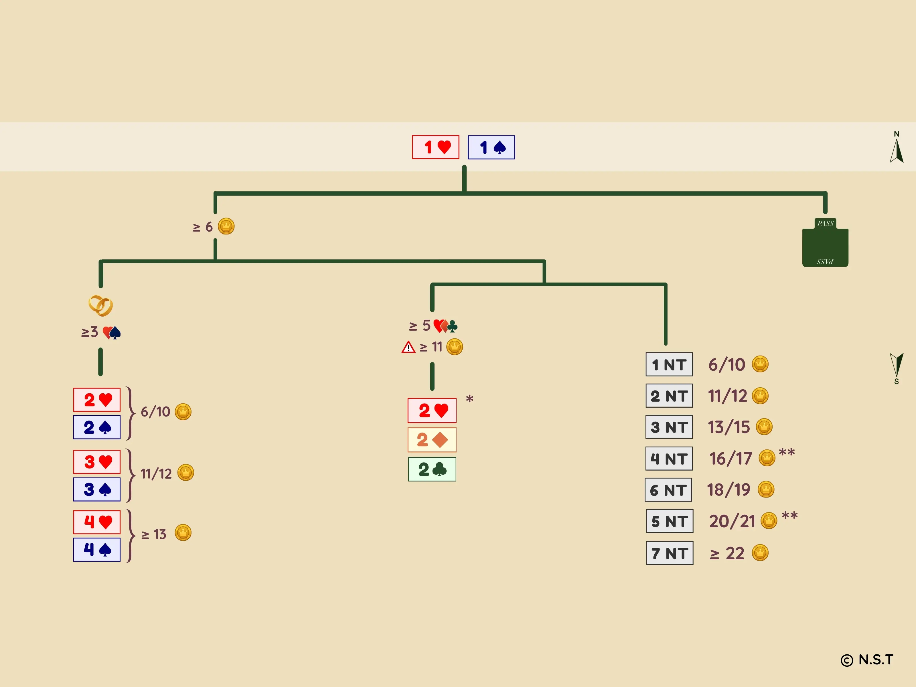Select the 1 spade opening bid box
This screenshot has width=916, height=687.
coord(491,147)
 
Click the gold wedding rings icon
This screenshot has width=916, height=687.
coord(101,306)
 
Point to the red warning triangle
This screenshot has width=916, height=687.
coord(408,347)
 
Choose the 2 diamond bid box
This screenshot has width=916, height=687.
coord(432,440)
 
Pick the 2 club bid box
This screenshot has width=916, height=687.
coord(432,469)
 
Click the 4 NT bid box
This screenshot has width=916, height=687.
coord(669,458)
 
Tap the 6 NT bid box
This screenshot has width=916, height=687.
coord(668,490)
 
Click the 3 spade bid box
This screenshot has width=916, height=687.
coord(97,489)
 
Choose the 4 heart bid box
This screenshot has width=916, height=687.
coord(97,522)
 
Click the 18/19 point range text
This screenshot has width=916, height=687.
coord(729,490)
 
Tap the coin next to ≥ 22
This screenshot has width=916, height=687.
coord(760,553)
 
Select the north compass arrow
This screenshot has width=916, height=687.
coord(897,151)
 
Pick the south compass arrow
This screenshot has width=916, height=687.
coord(897,364)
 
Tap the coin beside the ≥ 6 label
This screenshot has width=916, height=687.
coord(226,226)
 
